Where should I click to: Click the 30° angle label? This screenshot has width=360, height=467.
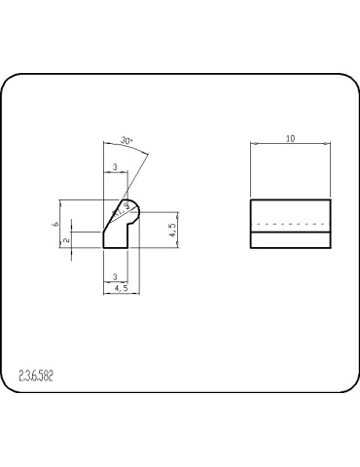[x=126, y=141]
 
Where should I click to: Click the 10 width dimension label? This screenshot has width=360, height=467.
[x=290, y=139]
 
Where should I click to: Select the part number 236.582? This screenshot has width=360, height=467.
[x=36, y=376]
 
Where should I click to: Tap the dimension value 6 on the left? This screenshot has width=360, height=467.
[x=56, y=225]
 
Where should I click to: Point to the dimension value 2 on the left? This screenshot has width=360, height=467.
[x=67, y=239]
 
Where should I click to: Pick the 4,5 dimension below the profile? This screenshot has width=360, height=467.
[x=121, y=289]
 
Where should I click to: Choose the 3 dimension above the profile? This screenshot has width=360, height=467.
[x=115, y=168]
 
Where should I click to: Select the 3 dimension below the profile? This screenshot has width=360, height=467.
[x=115, y=277]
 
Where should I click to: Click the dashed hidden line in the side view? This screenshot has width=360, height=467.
[x=290, y=225]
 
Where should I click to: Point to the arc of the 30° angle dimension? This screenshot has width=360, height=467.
[x=142, y=150]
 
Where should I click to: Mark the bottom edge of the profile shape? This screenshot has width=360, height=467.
[x=116, y=249]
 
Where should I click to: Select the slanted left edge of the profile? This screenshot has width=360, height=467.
[x=110, y=220]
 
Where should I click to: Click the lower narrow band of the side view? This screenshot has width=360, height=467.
[x=290, y=240]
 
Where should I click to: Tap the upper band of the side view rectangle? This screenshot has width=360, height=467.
[x=290, y=211]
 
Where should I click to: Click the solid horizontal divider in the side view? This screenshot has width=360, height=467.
[x=290, y=232]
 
